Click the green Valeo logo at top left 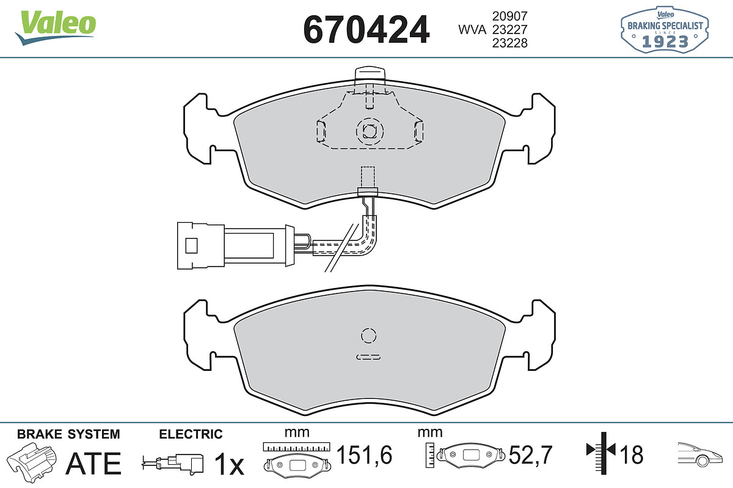pos(56,27)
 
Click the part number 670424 pos(366,29)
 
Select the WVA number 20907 pos(510,16)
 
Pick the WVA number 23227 pos(510,30)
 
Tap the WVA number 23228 pos(510,43)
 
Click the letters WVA pos(472,30)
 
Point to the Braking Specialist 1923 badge pos(665,29)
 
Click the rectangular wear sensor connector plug pos(236,246)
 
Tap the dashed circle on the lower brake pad pos(368,335)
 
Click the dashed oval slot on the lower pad pos(368,357)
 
